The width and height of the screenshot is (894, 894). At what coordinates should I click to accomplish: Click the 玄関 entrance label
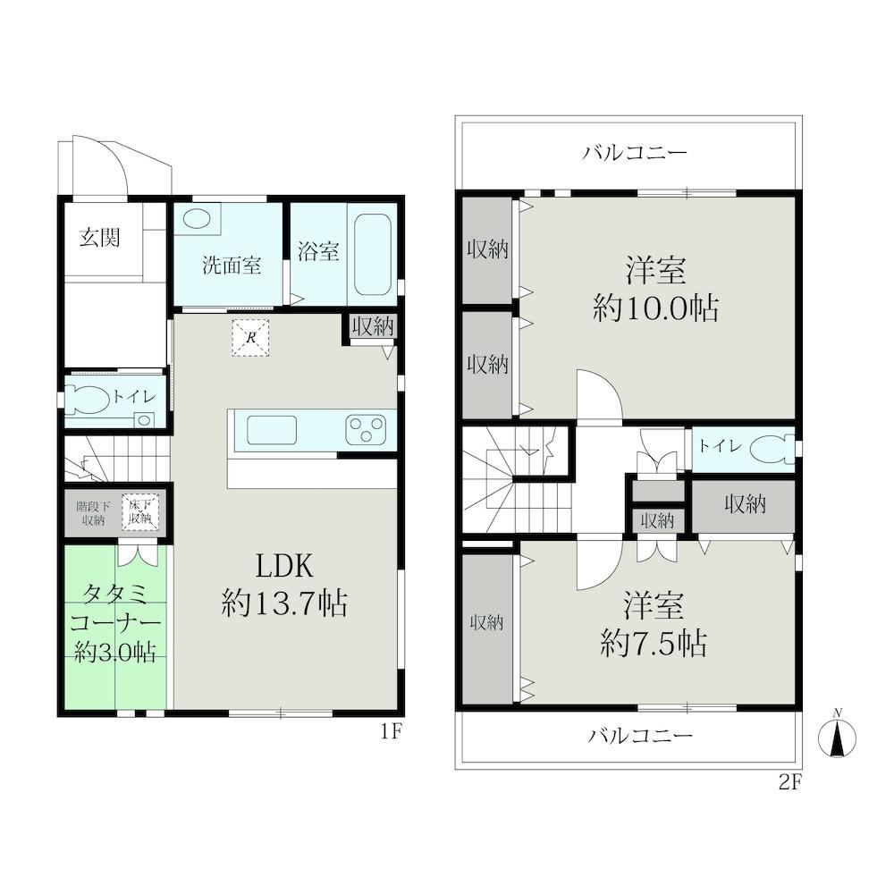click(100, 237)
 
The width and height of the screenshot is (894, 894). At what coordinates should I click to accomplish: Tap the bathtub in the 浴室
click(373, 254)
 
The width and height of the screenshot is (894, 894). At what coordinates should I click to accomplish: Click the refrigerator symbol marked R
click(250, 338)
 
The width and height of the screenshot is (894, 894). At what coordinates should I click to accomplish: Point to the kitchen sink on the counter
click(272, 431)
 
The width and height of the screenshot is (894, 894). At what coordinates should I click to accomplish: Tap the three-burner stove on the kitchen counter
click(365, 431)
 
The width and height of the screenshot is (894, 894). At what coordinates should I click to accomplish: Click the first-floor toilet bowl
click(88, 400)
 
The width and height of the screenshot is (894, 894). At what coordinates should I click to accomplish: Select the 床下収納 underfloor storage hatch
click(139, 512)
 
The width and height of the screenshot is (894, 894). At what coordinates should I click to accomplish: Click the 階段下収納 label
click(92, 512)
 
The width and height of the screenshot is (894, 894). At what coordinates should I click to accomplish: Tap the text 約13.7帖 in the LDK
click(284, 603)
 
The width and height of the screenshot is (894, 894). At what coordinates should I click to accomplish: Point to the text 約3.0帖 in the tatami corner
click(115, 651)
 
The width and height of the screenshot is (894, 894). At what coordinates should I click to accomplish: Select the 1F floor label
click(392, 731)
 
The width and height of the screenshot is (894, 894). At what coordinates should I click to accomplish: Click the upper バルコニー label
click(635, 153)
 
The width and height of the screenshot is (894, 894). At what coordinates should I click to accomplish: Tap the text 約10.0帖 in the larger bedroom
click(655, 309)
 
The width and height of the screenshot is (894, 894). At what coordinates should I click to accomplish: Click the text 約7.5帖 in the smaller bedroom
click(654, 644)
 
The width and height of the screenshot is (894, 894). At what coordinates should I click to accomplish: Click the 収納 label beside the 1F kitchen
click(373, 326)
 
